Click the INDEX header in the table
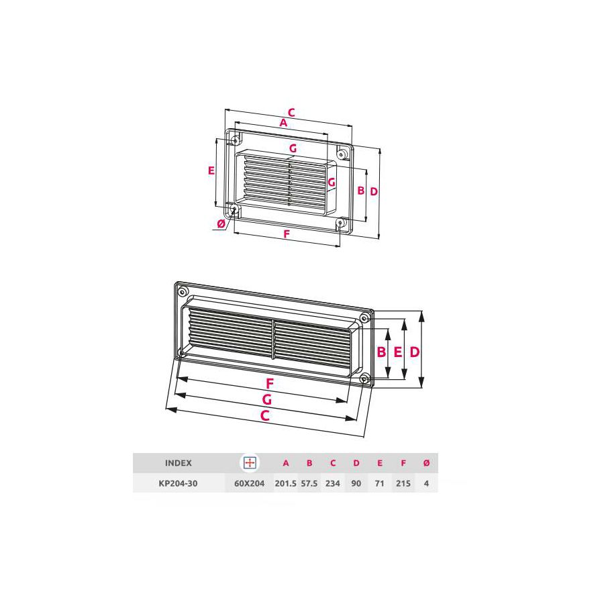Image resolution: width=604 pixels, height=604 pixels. (x=179, y=463)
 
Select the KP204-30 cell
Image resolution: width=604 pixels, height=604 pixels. (x=179, y=483)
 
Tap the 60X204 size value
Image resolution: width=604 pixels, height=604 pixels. (x=250, y=483)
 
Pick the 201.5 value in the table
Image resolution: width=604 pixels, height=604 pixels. (x=286, y=483)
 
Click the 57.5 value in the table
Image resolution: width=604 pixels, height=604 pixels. (x=309, y=483)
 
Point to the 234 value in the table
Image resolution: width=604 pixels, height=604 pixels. (x=333, y=483)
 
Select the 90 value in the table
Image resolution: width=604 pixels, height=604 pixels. (x=356, y=483)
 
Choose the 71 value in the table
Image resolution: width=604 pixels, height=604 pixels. (x=380, y=483)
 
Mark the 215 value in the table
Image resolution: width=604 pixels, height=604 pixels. (x=403, y=483)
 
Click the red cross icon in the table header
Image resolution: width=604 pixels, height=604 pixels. (x=250, y=463)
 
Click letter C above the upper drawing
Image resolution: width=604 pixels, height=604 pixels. (x=291, y=112)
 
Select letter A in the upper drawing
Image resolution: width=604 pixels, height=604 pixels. (x=283, y=123)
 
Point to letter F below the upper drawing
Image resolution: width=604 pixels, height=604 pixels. (x=287, y=234)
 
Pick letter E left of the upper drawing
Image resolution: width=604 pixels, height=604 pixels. (x=211, y=170)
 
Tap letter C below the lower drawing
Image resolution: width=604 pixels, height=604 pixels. (x=265, y=416)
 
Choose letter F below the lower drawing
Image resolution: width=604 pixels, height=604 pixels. (x=269, y=384)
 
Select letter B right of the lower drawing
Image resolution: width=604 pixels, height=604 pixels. (x=381, y=352)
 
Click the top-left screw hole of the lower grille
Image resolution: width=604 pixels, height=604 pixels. (x=183, y=291)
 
